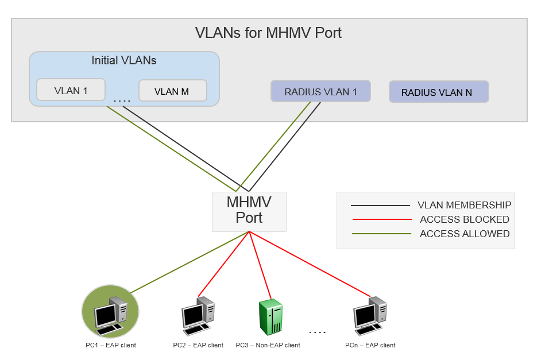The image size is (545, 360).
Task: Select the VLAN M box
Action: pyautogui.click(x=172, y=91)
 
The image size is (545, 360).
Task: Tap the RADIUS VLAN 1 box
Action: pyautogui.click(x=320, y=92)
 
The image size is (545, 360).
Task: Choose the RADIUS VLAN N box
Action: pyautogui.click(x=439, y=92)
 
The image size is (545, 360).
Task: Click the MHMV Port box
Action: pyautogui.click(x=249, y=211)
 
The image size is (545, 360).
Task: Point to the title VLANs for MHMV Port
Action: pyautogui.click(x=268, y=33)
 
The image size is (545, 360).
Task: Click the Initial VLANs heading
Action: pyautogui.click(x=124, y=60)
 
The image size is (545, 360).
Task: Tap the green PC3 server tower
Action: pyautogui.click(x=270, y=317)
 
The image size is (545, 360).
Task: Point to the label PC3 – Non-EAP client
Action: pyautogui.click(x=268, y=345)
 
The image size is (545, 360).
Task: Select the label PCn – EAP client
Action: pyautogui.click(x=370, y=345)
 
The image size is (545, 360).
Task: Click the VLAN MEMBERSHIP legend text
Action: pyautogui.click(x=464, y=205)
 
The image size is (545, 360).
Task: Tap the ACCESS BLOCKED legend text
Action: pyautogui.click(x=464, y=219)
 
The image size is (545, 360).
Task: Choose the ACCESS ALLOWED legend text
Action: pyautogui.click(x=464, y=234)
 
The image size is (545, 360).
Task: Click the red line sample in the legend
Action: pyautogui.click(x=381, y=219)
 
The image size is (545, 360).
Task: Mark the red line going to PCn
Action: pyautogui.click(x=310, y=264)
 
